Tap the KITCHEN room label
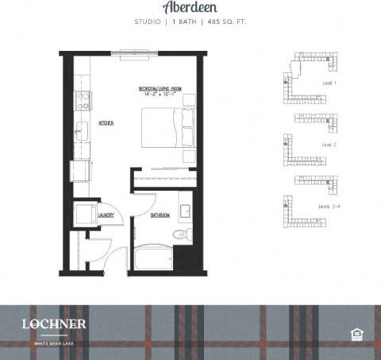[x=106, y=124]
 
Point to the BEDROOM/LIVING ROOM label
[x=159, y=89]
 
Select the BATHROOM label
[x=160, y=215]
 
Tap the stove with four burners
[x=83, y=101]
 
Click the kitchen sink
[x=81, y=131]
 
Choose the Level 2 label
[x=329, y=145]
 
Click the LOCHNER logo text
[x=54, y=324]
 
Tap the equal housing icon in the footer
[x=356, y=332]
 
